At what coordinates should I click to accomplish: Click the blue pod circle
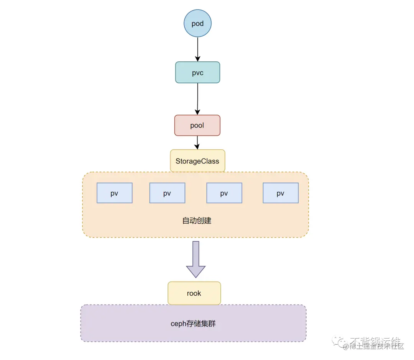tap(197, 23)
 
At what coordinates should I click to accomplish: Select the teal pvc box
tap(197, 72)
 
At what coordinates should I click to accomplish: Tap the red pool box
tap(197, 125)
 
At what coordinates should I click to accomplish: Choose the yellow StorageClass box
tap(197, 161)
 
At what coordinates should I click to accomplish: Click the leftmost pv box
tap(114, 193)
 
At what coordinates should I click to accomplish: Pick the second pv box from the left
tap(167, 193)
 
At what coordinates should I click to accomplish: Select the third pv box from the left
tap(224, 193)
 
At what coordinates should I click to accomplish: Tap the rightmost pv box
tap(281, 193)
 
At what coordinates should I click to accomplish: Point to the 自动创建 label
tap(197, 221)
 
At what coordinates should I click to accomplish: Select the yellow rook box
tap(194, 293)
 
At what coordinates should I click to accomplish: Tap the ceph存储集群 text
tap(193, 324)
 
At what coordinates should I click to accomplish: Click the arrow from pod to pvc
tap(197, 49)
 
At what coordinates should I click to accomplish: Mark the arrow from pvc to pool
tap(197, 99)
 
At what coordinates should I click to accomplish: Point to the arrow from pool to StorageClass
tap(197, 142)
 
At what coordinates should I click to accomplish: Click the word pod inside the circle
tap(197, 24)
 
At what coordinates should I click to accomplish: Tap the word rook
tap(194, 293)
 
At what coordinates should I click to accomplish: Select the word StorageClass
tap(197, 161)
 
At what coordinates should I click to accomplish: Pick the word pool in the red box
tap(197, 126)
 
